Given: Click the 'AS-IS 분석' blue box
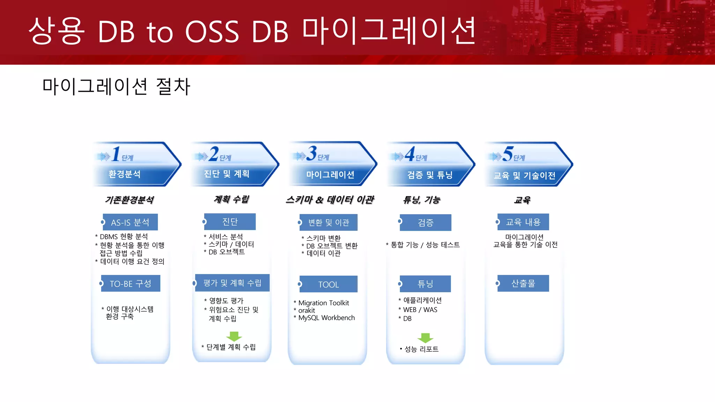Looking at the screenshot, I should click(130, 222).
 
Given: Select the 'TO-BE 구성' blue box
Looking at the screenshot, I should click(131, 284).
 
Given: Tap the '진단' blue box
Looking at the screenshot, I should click(230, 222).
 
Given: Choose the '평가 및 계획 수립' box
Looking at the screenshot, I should click(232, 283).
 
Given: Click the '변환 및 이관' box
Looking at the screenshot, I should click(329, 223).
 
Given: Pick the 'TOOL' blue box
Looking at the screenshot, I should click(329, 284).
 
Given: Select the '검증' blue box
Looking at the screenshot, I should click(426, 223).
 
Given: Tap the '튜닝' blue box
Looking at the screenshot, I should click(425, 284).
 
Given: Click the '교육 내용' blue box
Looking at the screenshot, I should click(523, 222).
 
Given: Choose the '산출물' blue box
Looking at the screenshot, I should click(523, 283).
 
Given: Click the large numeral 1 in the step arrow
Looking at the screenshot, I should click(116, 154).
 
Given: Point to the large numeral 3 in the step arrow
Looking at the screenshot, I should click(311, 154).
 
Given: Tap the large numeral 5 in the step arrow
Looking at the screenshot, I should click(508, 154).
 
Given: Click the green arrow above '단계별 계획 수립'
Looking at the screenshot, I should click(234, 336).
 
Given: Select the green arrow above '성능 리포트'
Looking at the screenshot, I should click(425, 338).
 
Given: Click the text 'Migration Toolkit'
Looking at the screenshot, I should click(324, 303).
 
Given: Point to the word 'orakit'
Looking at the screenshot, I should click(307, 311).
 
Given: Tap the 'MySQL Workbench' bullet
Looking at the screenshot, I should click(326, 318).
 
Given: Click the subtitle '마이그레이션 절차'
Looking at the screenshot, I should click(116, 87).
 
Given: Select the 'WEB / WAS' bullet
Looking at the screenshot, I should click(420, 310).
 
